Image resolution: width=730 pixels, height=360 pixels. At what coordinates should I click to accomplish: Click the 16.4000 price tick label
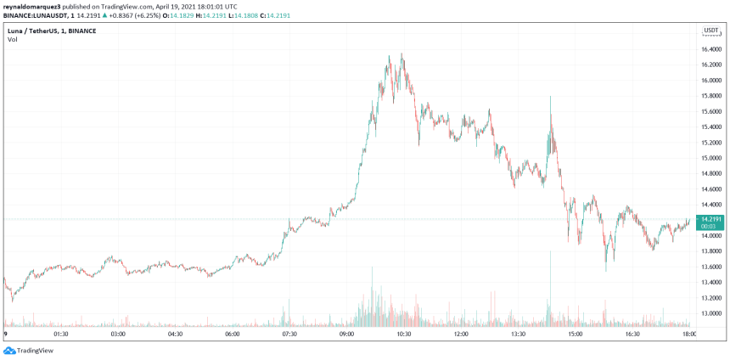[711, 49]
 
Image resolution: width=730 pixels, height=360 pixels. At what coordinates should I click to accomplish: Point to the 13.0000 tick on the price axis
[711, 313]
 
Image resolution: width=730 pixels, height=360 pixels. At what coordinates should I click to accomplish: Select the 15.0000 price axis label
[711, 158]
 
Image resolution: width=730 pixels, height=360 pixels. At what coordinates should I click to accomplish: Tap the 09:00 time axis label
[346, 335]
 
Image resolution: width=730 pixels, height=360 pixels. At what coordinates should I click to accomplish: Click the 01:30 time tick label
[60, 335]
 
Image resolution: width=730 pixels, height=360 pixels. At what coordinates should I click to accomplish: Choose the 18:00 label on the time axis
[689, 335]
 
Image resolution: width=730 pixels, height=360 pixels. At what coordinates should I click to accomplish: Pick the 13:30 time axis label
[518, 335]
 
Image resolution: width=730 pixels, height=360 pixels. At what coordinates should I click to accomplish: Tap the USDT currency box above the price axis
[710, 31]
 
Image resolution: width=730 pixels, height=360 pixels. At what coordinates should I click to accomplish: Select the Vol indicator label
[11, 39]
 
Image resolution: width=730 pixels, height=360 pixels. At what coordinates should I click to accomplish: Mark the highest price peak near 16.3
[402, 54]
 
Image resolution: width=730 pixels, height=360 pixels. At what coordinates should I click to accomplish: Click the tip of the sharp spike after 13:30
[551, 96]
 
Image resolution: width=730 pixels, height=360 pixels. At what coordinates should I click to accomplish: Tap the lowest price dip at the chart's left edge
[12, 299]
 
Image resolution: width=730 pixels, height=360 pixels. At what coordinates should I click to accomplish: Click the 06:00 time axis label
[232, 335]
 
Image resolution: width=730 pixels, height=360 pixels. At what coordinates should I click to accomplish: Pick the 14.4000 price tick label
[711, 205]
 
